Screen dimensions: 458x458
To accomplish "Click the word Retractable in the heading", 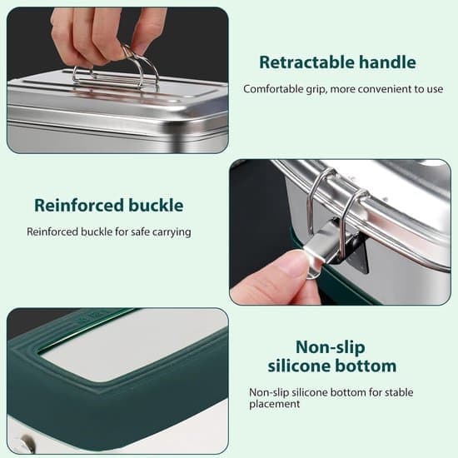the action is [306, 62].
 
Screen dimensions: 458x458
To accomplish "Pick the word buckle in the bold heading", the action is [157, 205].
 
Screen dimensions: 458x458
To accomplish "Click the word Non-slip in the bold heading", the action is [331, 347].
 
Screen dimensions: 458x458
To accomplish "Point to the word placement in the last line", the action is [274, 404].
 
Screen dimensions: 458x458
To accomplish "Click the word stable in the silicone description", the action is [399, 392].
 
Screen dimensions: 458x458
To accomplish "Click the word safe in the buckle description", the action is [141, 232].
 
